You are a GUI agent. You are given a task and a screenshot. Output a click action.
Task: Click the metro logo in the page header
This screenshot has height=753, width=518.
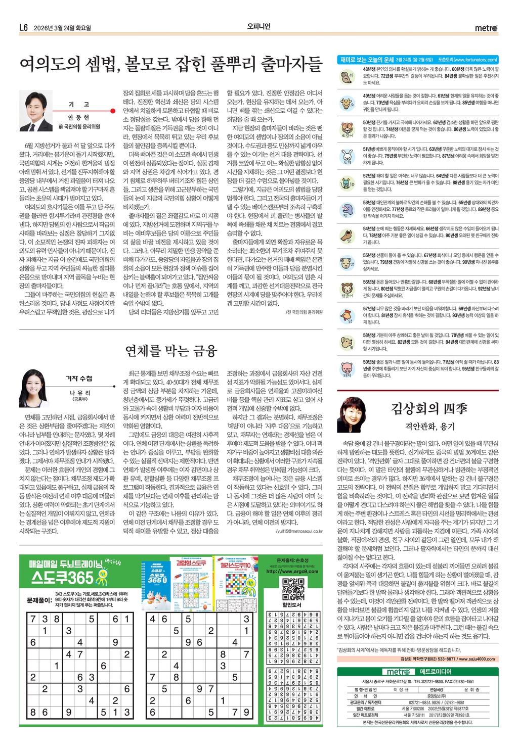[x=486, y=28]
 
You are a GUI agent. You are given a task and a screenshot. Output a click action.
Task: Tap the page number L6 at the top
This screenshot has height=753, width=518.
[x=23, y=28]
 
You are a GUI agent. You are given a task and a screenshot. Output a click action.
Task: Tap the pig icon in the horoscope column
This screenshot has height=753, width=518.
[x=347, y=368]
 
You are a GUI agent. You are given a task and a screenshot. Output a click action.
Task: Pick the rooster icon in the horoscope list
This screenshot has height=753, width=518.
[x=347, y=315]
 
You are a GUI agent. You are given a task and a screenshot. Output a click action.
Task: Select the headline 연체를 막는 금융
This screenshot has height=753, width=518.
[x=171, y=350]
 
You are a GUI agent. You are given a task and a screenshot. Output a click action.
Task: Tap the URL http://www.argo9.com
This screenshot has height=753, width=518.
[x=292, y=572]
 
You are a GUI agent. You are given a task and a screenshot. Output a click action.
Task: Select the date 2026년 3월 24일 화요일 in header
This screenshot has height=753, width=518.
[x=62, y=28]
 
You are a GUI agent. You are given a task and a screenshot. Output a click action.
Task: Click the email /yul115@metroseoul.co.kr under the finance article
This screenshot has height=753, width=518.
[x=299, y=531]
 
